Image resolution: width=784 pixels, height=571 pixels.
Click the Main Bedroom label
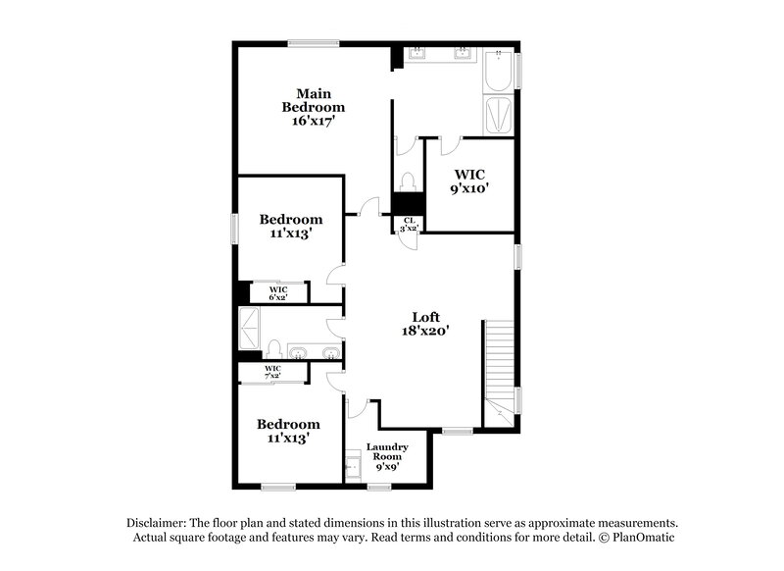pos(314,107)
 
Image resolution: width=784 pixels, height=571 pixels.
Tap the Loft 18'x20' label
pos(424,324)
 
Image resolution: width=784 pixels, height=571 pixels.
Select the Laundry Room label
pos(386,456)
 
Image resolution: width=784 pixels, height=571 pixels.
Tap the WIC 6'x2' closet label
pos(278,292)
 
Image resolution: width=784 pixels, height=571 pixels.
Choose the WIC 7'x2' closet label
pos(272,372)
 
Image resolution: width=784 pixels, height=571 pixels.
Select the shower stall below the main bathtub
pos(499,116)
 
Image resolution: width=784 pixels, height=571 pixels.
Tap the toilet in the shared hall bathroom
pos(275,349)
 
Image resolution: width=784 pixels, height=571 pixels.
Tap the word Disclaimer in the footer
pos(160,523)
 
